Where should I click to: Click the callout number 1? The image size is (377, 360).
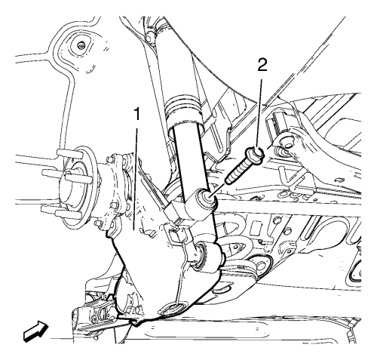tap(137, 114)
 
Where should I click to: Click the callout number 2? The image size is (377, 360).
tap(262, 66)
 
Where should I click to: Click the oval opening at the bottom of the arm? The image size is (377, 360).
tap(171, 309)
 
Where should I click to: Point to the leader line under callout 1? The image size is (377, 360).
tap(136, 179)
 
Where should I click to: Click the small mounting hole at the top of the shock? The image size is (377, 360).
tap(149, 37)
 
